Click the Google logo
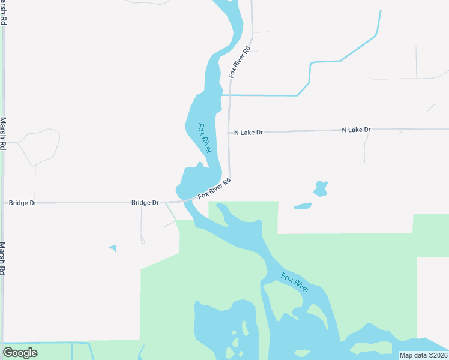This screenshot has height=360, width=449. (x=20, y=353)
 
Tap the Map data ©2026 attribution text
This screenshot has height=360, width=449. (x=423, y=355)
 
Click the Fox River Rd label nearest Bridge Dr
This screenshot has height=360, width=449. (x=214, y=188)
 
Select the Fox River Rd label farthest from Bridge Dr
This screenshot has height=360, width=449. (x=240, y=62)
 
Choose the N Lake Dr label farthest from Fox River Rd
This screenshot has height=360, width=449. (x=357, y=130)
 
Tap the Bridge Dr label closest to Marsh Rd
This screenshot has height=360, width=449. (x=23, y=203)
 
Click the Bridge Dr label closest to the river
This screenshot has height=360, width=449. (x=145, y=203)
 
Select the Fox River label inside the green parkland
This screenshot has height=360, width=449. (x=295, y=282)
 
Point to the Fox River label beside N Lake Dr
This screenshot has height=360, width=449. (x=205, y=137)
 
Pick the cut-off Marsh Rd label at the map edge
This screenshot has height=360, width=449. (x=3, y=12)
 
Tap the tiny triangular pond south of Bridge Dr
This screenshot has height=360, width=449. (x=113, y=248)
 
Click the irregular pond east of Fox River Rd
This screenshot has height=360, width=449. (x=321, y=188)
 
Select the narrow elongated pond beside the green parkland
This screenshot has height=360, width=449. (x=303, y=206)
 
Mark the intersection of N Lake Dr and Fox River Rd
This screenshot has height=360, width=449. (x=229, y=133)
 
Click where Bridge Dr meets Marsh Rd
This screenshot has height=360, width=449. (x=3, y=203)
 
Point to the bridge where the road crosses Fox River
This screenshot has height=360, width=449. (x=186, y=200)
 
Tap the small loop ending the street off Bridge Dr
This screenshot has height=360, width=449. (x=142, y=241)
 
